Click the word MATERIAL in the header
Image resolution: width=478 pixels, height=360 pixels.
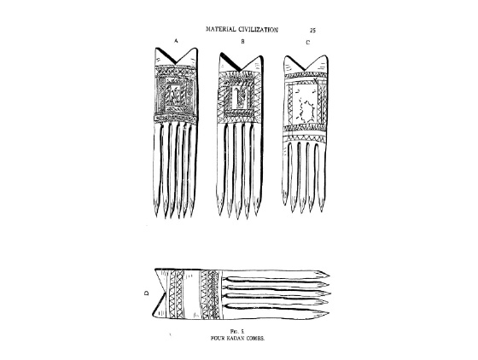tap(221, 29)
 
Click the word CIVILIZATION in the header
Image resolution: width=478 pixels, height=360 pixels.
tap(258, 30)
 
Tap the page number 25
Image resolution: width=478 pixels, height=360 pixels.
tap(312, 30)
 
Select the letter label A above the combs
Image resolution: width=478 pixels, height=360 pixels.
tap(176, 40)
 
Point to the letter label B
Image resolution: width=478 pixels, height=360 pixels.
tap(242, 42)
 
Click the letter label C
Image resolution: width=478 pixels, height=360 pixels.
tap(307, 43)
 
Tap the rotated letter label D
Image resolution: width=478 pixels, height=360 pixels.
tap(147, 293)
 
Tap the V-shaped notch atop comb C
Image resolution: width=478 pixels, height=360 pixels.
tap(306, 64)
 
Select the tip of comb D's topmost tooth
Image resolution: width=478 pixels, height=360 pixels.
tap(329, 276)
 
